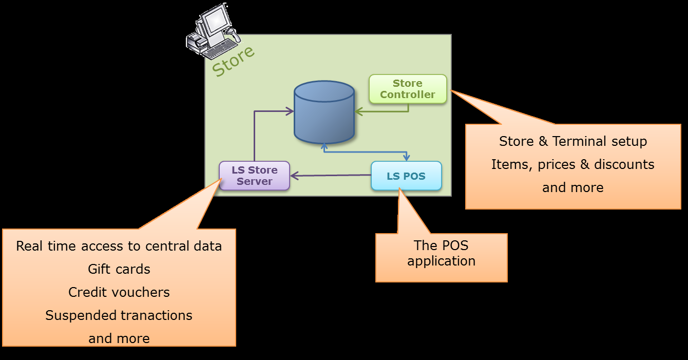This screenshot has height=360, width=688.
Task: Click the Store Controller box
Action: point(408,89)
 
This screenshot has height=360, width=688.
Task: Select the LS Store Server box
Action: point(254,176)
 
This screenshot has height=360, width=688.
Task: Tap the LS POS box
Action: point(406,176)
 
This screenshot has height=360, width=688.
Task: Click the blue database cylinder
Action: point(324,112)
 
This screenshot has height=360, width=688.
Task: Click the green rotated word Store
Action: point(233,61)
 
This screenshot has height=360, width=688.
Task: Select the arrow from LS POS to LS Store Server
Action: point(331,176)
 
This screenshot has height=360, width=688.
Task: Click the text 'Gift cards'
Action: point(119,269)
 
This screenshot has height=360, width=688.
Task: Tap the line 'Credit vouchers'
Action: point(119,292)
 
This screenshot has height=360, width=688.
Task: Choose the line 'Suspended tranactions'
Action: point(119,315)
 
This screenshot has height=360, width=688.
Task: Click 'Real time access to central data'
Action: point(119,246)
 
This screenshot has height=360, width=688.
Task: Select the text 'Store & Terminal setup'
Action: point(573,141)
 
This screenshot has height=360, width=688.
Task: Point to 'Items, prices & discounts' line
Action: point(573,164)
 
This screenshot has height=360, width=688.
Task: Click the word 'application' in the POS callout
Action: point(442,261)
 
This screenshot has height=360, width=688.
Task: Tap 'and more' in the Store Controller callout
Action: point(573,187)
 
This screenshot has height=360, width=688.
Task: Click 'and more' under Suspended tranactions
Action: point(119,338)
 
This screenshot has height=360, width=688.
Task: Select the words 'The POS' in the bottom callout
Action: point(442,245)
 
